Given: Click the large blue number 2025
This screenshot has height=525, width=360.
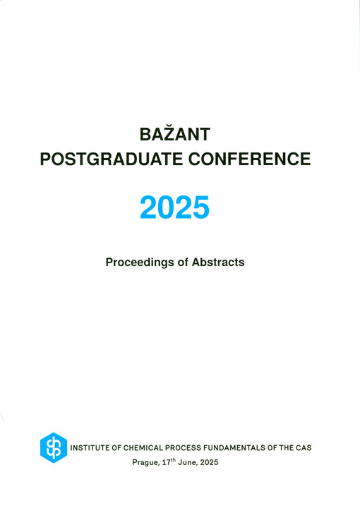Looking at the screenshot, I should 175,208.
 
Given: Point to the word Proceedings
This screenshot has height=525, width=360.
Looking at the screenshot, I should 140,262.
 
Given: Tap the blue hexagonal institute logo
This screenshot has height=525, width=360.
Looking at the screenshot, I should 53,447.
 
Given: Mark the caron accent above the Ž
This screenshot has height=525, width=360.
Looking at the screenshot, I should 174,121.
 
